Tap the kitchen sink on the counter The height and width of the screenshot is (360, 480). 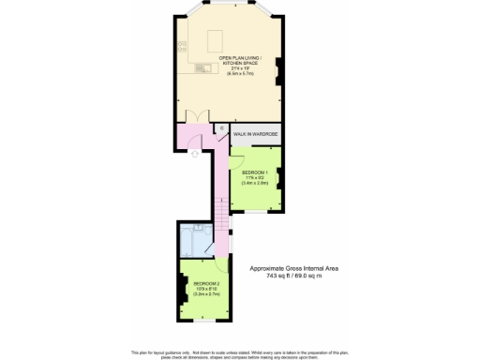click(199, 68)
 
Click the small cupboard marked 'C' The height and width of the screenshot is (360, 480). click(221, 128)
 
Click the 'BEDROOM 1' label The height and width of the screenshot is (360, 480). click(255, 172)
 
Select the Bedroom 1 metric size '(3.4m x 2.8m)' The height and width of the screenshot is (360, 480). click(255, 184)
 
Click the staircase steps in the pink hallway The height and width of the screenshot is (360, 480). click(221, 221)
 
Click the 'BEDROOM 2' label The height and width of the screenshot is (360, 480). click(206, 283)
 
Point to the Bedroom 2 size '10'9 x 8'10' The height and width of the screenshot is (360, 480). click(206, 289)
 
